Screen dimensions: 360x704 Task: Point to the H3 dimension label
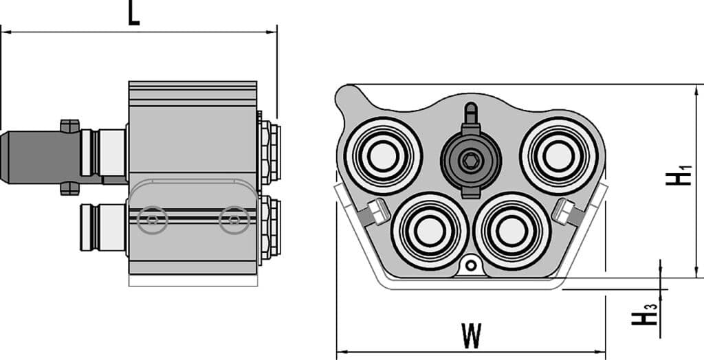(644, 317)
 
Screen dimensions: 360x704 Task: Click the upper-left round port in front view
(383, 156)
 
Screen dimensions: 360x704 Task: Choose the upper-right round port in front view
(558, 155)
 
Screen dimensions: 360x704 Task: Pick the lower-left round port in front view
(426, 231)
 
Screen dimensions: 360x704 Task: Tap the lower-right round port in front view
(512, 231)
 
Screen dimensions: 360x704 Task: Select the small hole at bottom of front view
(470, 265)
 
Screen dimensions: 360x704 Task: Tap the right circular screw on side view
(234, 220)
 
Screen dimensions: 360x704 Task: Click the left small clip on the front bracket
(375, 212)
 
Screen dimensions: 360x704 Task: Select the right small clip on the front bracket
(564, 210)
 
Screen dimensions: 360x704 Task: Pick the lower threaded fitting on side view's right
(269, 227)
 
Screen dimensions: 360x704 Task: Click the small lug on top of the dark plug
(69, 126)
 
